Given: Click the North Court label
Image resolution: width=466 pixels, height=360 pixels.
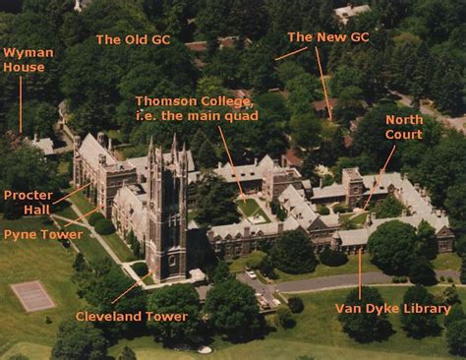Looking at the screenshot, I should pos(404,126).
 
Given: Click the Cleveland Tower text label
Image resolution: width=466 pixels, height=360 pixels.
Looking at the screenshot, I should pos(131,317).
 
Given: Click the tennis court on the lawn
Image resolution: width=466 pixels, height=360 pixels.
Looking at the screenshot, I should pos(32,295).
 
